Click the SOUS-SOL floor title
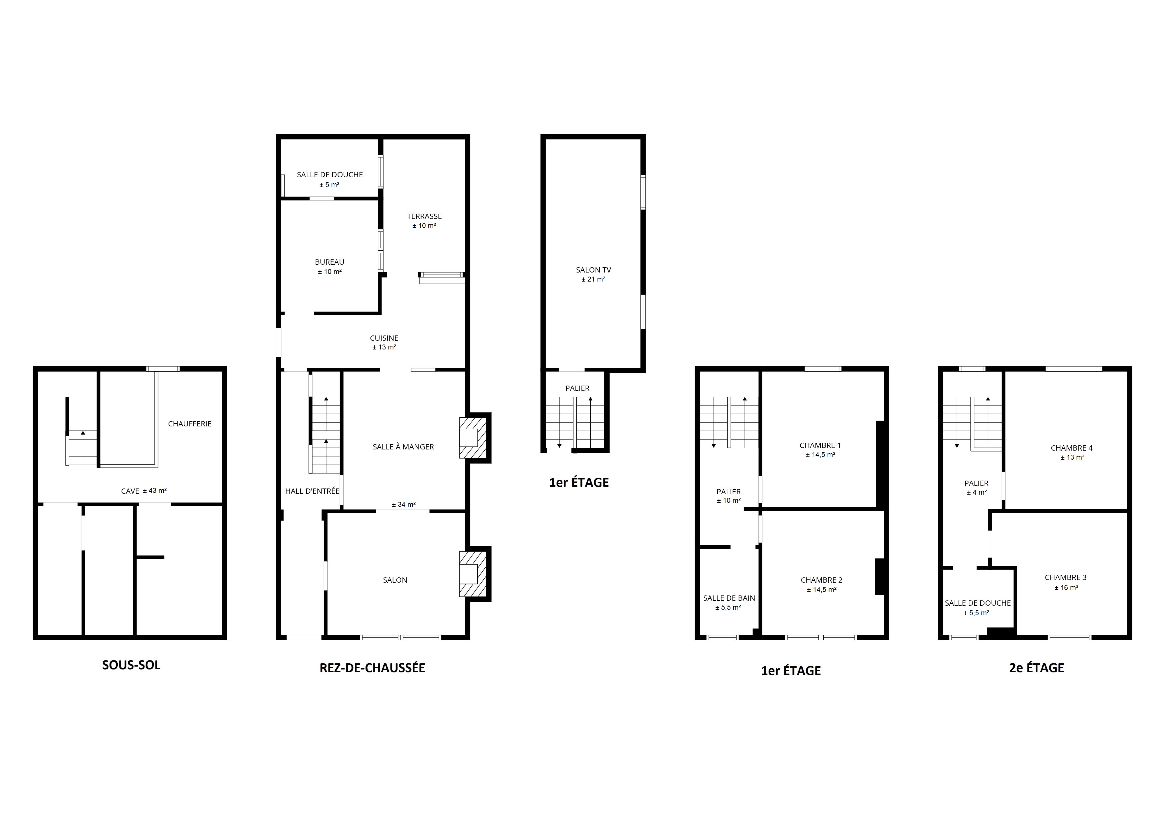[x=131, y=665]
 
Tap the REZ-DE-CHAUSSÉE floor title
[x=372, y=668]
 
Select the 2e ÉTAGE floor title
[x=1036, y=668]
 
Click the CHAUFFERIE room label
[x=190, y=424]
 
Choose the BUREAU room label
[x=329, y=262]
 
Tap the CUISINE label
[x=384, y=338]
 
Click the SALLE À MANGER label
[x=403, y=447]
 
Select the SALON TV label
[x=593, y=270]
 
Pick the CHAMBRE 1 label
[x=820, y=446]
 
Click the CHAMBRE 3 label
[x=1065, y=577]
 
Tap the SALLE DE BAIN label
[x=729, y=598]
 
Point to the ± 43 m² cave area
[x=155, y=491]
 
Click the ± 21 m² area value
[x=593, y=279]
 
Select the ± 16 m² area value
[x=1066, y=588]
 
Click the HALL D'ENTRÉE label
[x=312, y=491]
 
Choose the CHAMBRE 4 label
[x=1072, y=448]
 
